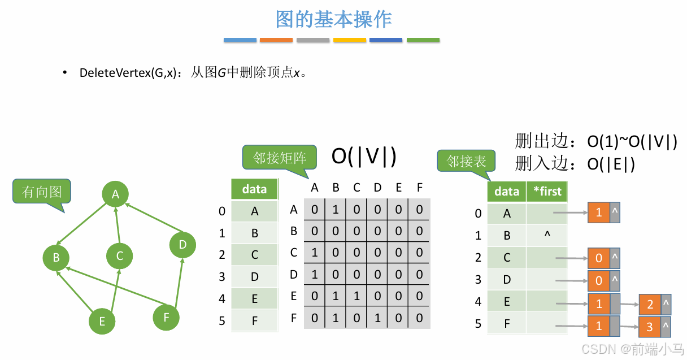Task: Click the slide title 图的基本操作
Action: pyautogui.click(x=333, y=19)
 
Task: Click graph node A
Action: pyautogui.click(x=115, y=194)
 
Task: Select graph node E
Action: pyautogui.click(x=102, y=321)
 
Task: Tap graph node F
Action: pyautogui.click(x=166, y=317)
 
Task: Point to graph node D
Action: pyautogui.click(x=182, y=245)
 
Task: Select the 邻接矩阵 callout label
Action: pyautogui.click(x=279, y=157)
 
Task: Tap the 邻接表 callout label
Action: pyautogui.click(x=466, y=162)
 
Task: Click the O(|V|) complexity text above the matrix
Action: pyautogui.click(x=364, y=157)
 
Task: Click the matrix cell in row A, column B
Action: pyautogui.click(x=336, y=210)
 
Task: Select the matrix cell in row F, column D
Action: pyautogui.click(x=377, y=318)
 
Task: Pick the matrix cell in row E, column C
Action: pyautogui.click(x=356, y=296)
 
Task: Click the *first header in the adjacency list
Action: pyautogui.click(x=546, y=192)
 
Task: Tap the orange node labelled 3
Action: pyautogui.click(x=650, y=327)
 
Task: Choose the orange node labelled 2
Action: pyautogui.click(x=650, y=305)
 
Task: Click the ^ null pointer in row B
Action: pyautogui.click(x=546, y=234)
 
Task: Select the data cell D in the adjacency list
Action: pyautogui.click(x=507, y=279)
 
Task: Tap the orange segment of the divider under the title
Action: pyautogui.click(x=276, y=40)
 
